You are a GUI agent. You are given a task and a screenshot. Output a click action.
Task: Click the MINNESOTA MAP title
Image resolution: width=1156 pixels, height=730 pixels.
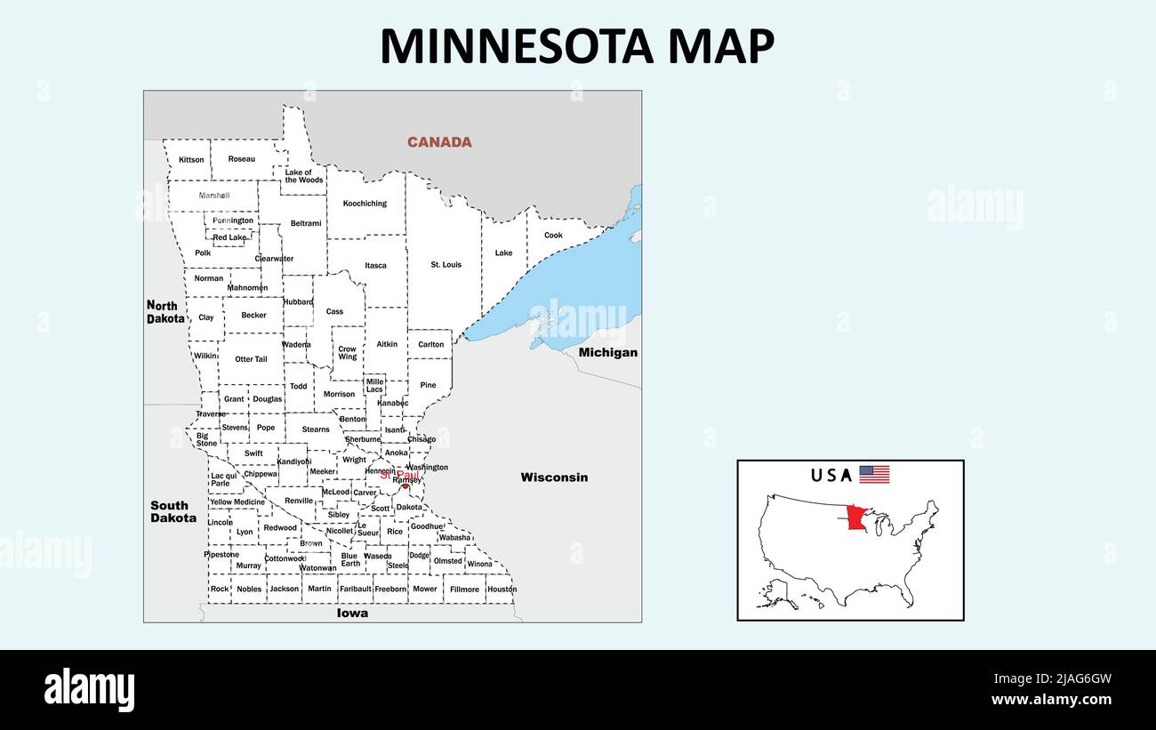point(577,46)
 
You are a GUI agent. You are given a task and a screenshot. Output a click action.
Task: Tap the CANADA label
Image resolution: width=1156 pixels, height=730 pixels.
point(439,142)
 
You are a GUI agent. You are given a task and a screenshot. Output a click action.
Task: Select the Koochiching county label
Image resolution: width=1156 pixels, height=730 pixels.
point(365,204)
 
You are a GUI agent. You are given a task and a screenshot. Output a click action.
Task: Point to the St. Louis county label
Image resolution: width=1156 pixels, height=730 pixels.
point(446,265)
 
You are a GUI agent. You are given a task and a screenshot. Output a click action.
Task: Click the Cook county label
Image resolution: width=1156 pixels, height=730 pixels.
point(553,236)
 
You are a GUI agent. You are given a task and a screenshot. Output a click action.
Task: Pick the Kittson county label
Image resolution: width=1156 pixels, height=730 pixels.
point(191,160)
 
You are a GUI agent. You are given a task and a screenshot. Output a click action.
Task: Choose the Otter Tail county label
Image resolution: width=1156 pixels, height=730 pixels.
point(251,359)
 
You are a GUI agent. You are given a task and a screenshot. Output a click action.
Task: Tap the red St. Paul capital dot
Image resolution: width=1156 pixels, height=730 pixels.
point(405,485)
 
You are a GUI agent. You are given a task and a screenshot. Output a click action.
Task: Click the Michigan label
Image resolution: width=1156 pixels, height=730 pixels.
point(608,352)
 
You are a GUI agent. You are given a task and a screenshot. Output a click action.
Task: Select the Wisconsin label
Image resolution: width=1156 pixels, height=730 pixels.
point(554,477)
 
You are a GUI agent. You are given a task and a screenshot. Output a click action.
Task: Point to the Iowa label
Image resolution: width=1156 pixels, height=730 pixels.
point(352,613)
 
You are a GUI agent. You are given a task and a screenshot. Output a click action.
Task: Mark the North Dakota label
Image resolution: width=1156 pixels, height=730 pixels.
point(165,311)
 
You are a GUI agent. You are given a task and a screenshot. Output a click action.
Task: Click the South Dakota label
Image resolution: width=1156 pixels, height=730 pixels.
point(173,511)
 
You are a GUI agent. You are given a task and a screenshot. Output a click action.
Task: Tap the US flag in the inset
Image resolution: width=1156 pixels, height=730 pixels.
point(873,475)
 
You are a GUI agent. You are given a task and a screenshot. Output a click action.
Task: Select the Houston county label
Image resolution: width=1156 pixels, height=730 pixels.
point(502,590)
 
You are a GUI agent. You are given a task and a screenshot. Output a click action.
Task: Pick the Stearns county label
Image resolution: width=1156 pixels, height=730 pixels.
point(316,429)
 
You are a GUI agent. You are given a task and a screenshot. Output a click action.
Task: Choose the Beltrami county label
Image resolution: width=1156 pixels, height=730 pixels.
point(306,223)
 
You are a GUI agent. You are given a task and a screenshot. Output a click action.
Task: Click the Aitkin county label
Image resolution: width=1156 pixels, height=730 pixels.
point(387,344)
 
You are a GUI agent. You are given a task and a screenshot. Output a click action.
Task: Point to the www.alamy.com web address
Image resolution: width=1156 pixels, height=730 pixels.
point(1051,700)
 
